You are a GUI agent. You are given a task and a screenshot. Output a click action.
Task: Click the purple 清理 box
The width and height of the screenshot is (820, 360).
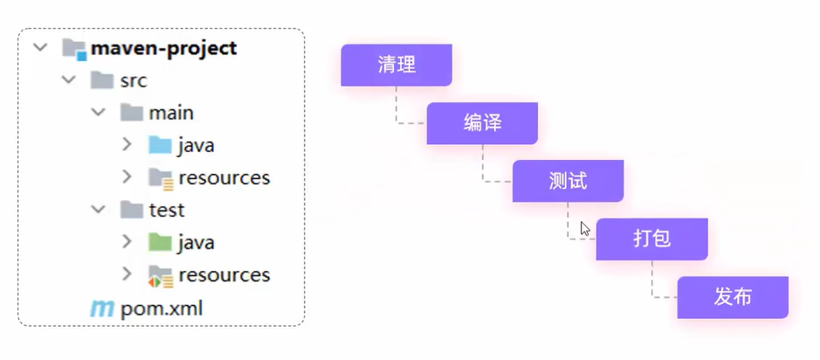pyautogui.click(x=396, y=66)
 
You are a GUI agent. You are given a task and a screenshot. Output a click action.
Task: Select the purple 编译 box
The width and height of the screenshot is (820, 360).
pyautogui.click(x=482, y=123)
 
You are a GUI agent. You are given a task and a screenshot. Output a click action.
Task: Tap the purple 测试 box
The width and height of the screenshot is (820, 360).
pyautogui.click(x=568, y=181)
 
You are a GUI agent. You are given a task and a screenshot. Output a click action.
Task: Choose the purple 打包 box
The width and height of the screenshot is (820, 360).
pyautogui.click(x=651, y=239)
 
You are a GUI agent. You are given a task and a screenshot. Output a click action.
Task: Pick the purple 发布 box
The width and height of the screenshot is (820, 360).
pyautogui.click(x=733, y=297)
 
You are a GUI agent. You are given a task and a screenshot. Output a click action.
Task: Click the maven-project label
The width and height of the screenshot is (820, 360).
pyautogui.click(x=163, y=48)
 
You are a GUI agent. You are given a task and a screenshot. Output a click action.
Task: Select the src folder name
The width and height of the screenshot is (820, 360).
pyautogui.click(x=133, y=81)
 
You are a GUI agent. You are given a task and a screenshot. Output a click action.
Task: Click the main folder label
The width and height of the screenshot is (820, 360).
pyautogui.click(x=171, y=113)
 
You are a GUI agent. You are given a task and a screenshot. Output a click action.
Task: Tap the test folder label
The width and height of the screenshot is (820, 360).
pyautogui.click(x=166, y=210)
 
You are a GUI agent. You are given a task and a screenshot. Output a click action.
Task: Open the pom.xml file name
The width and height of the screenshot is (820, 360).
pyautogui.click(x=162, y=308)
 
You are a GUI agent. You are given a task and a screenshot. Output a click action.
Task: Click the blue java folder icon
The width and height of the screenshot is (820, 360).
pyautogui.click(x=160, y=145)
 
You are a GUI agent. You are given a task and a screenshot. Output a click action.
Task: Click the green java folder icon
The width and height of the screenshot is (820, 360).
pyautogui.click(x=160, y=242)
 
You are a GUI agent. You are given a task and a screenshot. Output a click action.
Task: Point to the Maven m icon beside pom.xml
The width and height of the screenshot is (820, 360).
pyautogui.click(x=101, y=308)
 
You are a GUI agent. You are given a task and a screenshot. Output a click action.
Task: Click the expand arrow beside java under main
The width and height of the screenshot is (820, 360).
pyautogui.click(x=127, y=144)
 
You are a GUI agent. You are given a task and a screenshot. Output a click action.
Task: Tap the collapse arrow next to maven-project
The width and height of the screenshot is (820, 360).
pyautogui.click(x=40, y=47)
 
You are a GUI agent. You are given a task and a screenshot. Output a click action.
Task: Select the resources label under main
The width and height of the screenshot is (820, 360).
pyautogui.click(x=224, y=177)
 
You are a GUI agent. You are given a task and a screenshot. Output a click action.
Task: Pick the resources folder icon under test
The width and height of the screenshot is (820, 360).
pyautogui.click(x=160, y=275)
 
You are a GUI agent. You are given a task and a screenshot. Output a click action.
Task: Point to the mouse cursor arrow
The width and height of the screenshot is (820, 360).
pyautogui.click(x=585, y=229)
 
